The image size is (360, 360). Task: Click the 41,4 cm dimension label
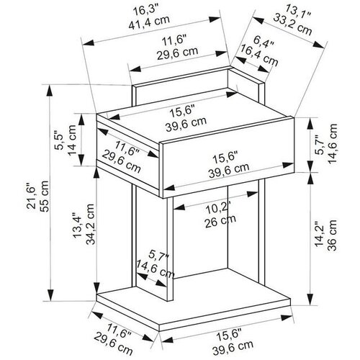click(149, 22)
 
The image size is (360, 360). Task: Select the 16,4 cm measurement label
click(260, 55)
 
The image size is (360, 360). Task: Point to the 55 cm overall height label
click(45, 196)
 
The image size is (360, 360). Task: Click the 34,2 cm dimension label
click(91, 224)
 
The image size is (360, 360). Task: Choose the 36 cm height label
click(333, 235)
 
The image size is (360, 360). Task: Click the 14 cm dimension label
click(71, 140)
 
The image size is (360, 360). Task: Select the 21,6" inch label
click(32, 196)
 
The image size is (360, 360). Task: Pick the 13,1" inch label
click(299, 12)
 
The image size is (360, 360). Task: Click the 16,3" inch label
click(146, 10)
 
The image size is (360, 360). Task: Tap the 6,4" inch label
click(264, 42)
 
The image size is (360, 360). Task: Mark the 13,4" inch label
click(77, 225)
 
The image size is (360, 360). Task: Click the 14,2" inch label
click(320, 233)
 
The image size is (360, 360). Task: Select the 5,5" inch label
click(59, 140)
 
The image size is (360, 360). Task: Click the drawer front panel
click(227, 157)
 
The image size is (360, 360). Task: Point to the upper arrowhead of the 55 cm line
click(50, 91)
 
